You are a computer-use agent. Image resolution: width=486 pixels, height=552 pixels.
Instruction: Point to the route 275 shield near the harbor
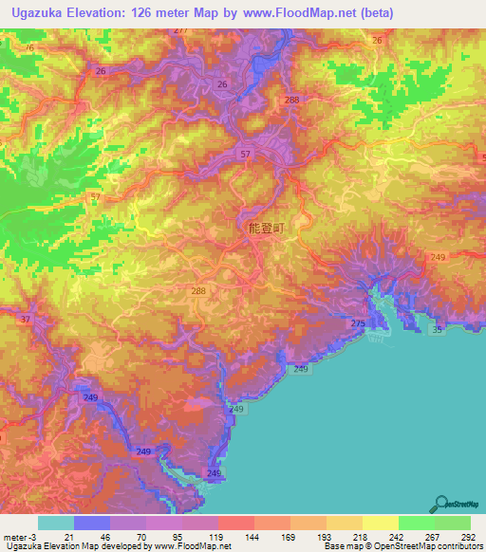coord(357,324)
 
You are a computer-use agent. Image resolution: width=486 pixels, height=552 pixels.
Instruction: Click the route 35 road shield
coord(436,329)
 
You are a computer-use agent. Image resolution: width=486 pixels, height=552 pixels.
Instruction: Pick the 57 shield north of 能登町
coord(246,154)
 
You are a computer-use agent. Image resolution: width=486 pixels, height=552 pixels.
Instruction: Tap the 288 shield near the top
coord(291,100)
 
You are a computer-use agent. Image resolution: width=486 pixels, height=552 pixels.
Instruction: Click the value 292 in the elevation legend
coord(469,537)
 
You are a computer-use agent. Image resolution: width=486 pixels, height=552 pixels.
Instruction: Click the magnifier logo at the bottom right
coord(442,505)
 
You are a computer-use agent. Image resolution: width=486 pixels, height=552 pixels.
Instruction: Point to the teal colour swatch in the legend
coord(55,523)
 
